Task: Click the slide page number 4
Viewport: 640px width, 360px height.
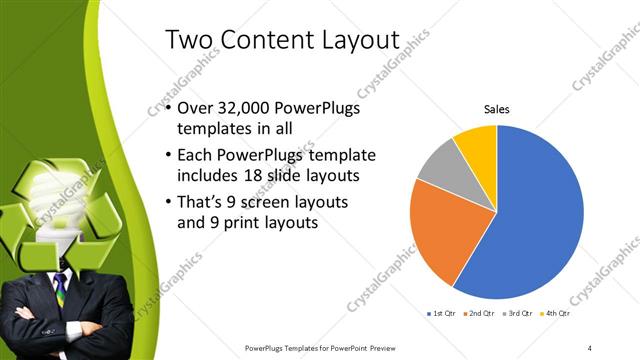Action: tap(590, 347)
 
